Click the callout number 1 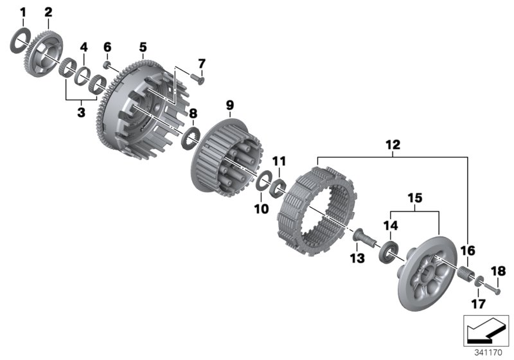(x=22, y=13)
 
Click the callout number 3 (x=81, y=112)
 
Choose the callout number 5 (x=143, y=48)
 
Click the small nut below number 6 (x=106, y=65)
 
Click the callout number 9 (x=230, y=105)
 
